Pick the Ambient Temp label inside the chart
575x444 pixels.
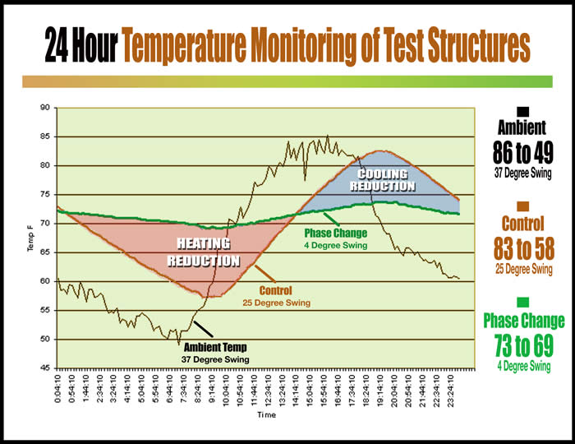[215, 348]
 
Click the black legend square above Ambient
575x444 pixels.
[522, 112]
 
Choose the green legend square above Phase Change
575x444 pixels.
[522, 302]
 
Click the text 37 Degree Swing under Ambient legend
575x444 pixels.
[522, 173]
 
